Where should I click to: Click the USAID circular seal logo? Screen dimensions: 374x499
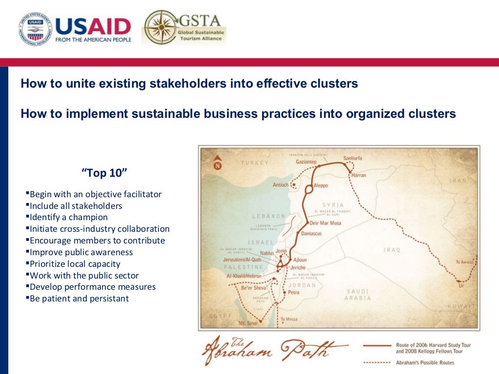point(36,30)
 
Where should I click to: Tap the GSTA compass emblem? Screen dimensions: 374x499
point(162,28)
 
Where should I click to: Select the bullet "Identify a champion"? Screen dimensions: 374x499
point(69,217)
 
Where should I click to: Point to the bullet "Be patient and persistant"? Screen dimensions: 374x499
point(79,299)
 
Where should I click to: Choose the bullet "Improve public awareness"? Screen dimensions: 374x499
point(81,252)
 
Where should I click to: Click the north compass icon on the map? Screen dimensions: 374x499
point(218,164)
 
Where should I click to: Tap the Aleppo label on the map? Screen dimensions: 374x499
point(321,186)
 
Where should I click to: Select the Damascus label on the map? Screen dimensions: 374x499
point(311,234)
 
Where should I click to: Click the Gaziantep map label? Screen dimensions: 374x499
point(306,162)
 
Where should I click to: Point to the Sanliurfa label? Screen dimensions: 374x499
point(353,158)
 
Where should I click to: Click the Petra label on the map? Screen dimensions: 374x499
point(293,293)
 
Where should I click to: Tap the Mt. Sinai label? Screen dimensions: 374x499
point(248,322)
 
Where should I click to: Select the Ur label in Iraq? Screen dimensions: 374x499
point(461,286)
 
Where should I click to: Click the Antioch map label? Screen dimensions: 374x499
point(280,185)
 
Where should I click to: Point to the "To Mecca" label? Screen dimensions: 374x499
point(288,320)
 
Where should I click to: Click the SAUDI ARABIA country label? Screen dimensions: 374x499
point(358,295)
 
